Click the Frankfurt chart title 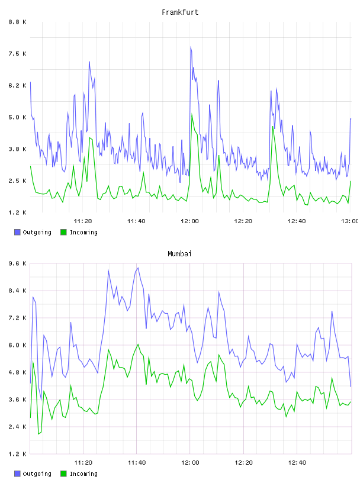click(180, 12)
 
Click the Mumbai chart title click(179, 254)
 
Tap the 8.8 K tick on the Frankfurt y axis click(17, 22)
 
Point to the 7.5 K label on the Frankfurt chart click(17, 54)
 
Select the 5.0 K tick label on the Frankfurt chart click(17, 117)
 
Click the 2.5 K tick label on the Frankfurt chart click(17, 181)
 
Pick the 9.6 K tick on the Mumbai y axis click(17, 263)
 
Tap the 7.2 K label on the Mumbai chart click(17, 318)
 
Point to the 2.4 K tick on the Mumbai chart click(17, 427)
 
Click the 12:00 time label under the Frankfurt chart click(190, 221)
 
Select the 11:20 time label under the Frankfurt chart click(83, 221)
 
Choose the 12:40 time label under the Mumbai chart click(297, 462)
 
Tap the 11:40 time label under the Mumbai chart click(137, 462)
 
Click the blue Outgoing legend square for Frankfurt click(17, 232)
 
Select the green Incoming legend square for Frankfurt click(63, 232)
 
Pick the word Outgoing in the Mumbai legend click(37, 474)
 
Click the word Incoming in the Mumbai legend click(83, 474)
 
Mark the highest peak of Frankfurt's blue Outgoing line click(191, 47)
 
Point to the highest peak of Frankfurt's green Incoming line click(192, 114)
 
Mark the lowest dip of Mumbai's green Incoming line click(38, 434)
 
